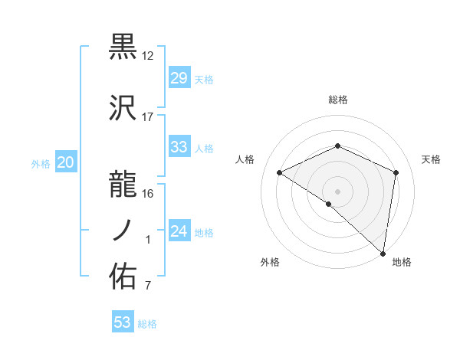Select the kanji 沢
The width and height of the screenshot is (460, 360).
click(x=123, y=109)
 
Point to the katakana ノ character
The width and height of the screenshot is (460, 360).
click(x=123, y=230)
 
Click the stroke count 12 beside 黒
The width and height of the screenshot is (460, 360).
click(x=148, y=56)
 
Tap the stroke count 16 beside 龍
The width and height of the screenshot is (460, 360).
click(x=148, y=193)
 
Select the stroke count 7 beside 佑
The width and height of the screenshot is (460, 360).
click(x=148, y=286)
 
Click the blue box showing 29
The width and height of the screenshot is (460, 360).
click(x=179, y=78)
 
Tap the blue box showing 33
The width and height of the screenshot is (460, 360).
click(x=179, y=147)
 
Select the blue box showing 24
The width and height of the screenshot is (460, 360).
click(x=179, y=231)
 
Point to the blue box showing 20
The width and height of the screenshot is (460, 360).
click(x=66, y=162)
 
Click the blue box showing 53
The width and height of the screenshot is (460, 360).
click(x=122, y=322)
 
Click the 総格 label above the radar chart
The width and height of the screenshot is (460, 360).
click(x=337, y=100)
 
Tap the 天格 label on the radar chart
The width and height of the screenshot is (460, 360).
click(x=431, y=159)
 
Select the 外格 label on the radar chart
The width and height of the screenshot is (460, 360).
click(x=270, y=263)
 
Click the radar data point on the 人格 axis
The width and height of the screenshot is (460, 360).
click(x=280, y=172)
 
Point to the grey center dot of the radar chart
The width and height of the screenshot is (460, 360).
click(x=337, y=191)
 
